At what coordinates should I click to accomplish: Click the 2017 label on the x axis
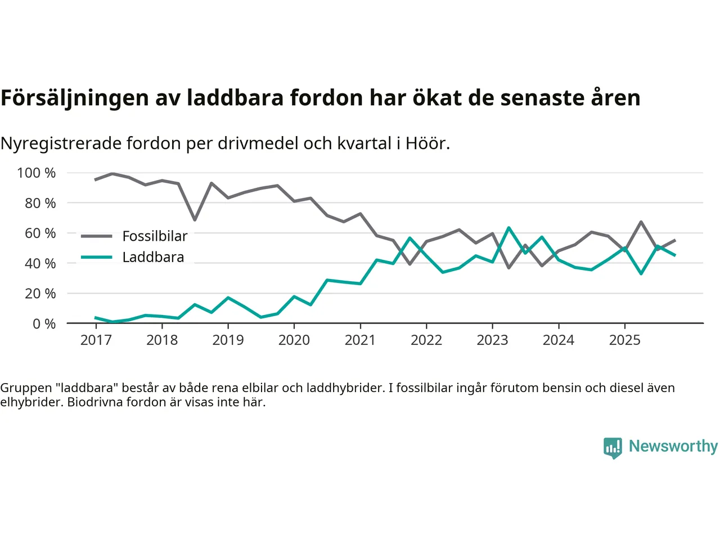point(96,340)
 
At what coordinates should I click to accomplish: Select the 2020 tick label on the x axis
point(294,340)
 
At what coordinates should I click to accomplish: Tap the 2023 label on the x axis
point(492,340)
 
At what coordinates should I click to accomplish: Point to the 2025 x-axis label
point(624,340)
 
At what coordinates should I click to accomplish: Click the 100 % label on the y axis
point(37,173)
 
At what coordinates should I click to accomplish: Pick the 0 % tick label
point(44,323)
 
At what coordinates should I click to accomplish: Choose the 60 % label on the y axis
point(40,233)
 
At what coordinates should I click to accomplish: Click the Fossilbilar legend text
point(155,236)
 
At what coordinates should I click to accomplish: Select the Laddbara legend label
point(153,257)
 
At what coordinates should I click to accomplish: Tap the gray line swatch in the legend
point(96,236)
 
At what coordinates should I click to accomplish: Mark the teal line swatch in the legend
point(96,257)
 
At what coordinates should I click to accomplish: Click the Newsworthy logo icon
point(613,448)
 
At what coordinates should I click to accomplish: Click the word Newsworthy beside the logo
point(673,446)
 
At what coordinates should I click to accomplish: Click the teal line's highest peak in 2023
point(508,228)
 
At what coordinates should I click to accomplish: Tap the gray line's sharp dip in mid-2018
point(195,219)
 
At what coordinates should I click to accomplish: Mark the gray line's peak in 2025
point(641,222)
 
